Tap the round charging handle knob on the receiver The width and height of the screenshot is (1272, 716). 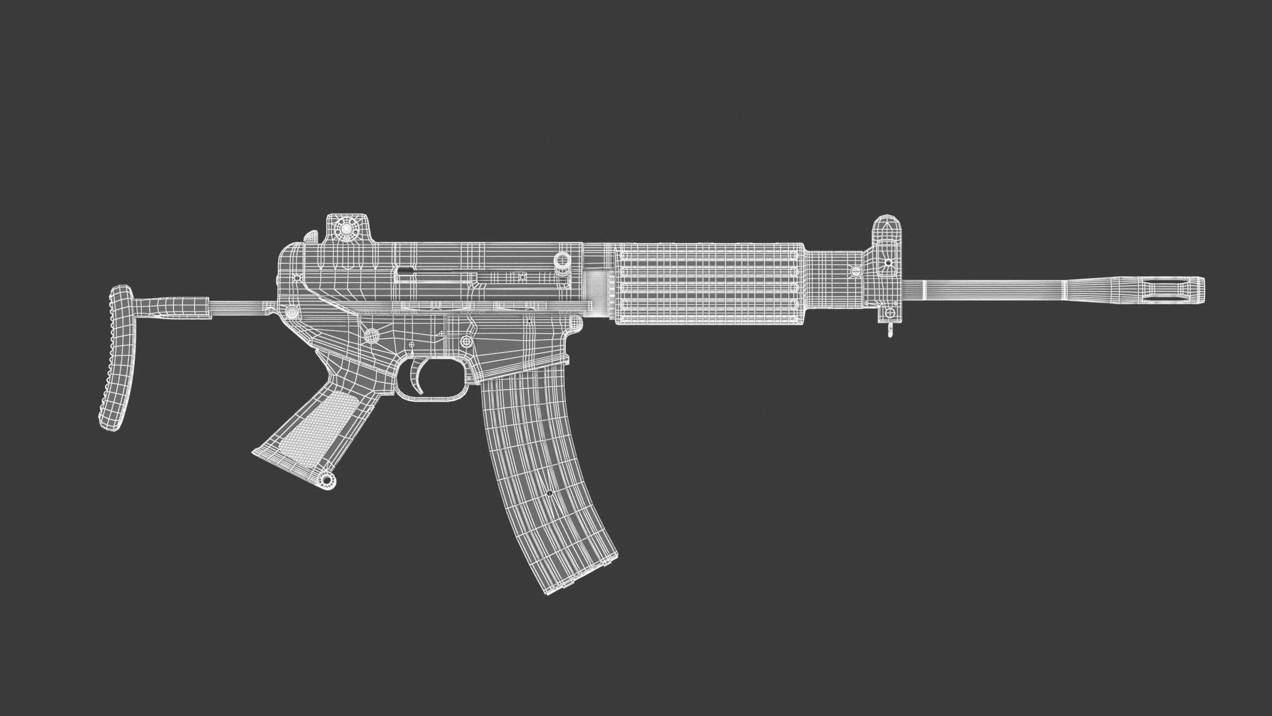561,261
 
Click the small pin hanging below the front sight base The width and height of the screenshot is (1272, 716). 890,331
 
